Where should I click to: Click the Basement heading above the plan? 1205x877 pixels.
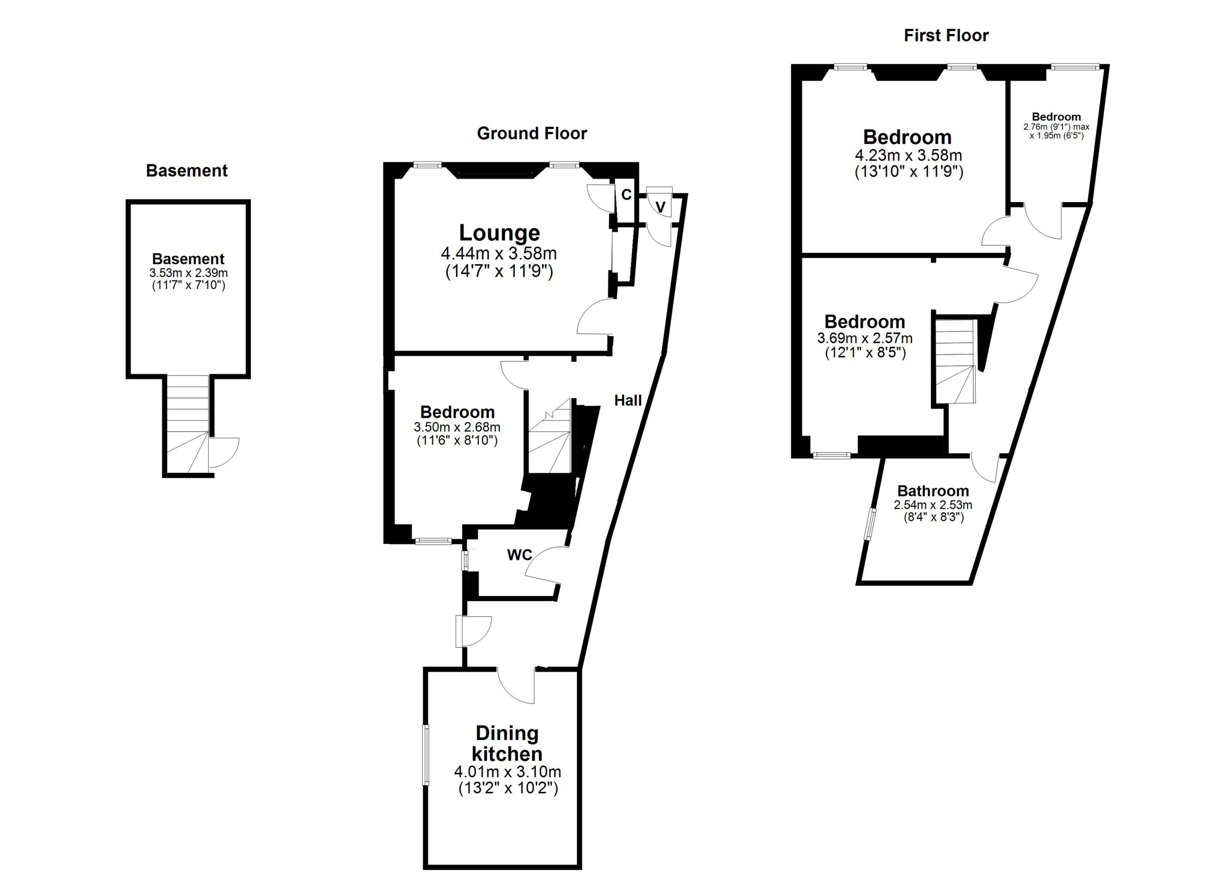[186, 171]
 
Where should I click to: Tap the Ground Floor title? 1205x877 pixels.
[532, 133]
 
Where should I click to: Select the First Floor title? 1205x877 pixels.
[946, 36]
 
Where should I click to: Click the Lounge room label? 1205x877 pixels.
[499, 233]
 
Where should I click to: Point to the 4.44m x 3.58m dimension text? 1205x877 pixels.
[499, 253]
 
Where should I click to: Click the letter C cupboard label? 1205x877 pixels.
[627, 195]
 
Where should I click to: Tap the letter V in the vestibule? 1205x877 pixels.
[660, 207]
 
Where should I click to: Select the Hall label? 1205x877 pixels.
[628, 401]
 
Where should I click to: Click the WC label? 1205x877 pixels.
[519, 555]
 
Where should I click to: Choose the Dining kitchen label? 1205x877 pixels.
[507, 744]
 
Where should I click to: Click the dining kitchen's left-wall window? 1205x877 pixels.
[426, 754]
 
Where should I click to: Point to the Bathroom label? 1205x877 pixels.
[933, 491]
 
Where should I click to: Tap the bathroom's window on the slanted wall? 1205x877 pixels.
[870, 524]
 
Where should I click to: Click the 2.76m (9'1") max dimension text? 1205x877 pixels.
[1056, 127]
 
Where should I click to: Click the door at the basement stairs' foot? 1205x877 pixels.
[223, 452]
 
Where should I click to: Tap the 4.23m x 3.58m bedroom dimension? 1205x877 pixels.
[908, 155]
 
